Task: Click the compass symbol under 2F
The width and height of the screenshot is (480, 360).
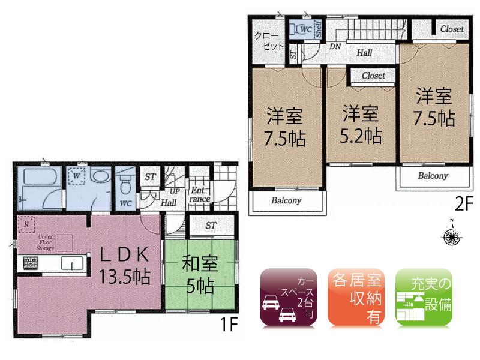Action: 451,238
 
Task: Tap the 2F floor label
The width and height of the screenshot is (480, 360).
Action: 463,204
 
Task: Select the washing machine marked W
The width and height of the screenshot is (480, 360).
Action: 76,176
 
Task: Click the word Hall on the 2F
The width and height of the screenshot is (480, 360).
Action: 364,53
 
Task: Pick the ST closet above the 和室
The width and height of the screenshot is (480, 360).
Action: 211,226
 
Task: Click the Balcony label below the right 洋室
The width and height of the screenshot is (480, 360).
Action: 433,176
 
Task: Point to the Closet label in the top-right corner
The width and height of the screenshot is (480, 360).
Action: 451,29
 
